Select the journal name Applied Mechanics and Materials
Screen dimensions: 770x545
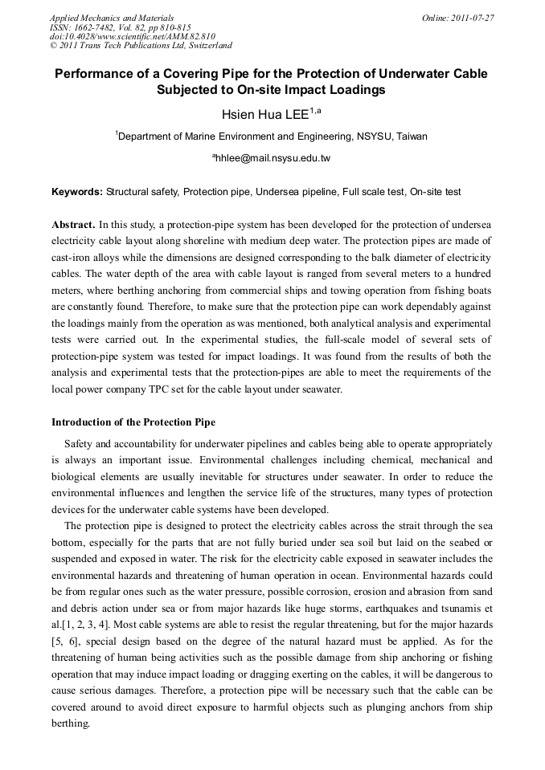pyautogui.click(x=112, y=18)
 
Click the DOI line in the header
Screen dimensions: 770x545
pyautogui.click(x=132, y=36)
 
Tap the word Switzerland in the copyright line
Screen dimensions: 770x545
pyautogui.click(x=205, y=46)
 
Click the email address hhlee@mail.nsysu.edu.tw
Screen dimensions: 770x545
pyautogui.click(x=273, y=159)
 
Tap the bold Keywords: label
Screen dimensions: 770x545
pyautogui.click(x=77, y=193)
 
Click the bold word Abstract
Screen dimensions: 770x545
pyautogui.click(x=73, y=223)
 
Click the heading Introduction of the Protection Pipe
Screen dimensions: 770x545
pyautogui.click(x=133, y=422)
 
